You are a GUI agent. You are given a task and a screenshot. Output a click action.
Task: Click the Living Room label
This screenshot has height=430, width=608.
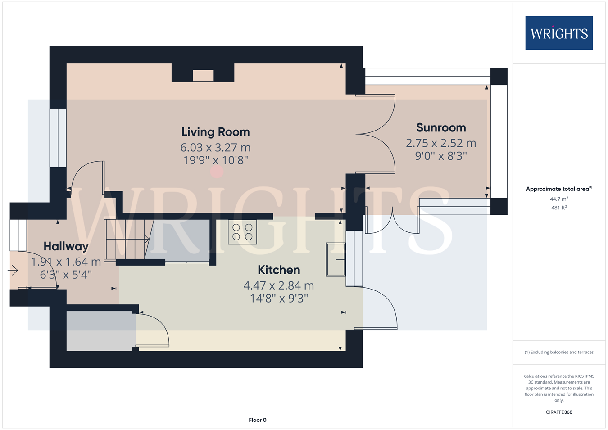(216, 132)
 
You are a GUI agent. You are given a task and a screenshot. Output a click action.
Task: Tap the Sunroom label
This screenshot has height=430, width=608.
(441, 128)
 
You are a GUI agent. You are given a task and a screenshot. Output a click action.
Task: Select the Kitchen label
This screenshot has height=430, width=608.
(279, 270)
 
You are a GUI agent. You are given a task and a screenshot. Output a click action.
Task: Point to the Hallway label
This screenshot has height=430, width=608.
(66, 247)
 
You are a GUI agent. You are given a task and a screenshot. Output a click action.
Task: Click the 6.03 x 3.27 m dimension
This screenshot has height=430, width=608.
(216, 148)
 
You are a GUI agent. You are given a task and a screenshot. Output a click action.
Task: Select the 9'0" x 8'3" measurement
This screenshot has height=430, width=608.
(441, 156)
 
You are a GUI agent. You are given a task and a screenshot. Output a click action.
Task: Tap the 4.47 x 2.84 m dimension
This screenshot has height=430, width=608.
(279, 285)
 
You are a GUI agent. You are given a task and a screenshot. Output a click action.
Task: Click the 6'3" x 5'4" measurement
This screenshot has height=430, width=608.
(66, 275)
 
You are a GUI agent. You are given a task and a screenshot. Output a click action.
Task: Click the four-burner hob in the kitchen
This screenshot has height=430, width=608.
(242, 232)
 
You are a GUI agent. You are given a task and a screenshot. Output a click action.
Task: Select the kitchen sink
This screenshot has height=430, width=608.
(336, 260)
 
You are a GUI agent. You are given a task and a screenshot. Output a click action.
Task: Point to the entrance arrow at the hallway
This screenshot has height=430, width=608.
(13, 270)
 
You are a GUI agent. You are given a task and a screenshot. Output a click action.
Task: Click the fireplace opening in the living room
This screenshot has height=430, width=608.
(203, 76)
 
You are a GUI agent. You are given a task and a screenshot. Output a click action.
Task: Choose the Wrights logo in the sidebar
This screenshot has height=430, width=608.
(559, 33)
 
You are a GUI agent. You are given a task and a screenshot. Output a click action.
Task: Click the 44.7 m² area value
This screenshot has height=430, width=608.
(559, 199)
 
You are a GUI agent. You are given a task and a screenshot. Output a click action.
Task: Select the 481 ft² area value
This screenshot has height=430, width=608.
(559, 208)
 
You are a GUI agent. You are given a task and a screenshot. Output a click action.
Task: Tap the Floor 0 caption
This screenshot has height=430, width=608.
(258, 420)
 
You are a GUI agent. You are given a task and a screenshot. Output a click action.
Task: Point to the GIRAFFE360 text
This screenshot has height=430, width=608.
(559, 412)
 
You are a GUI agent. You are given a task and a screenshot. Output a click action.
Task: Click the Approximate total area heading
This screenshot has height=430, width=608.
(559, 189)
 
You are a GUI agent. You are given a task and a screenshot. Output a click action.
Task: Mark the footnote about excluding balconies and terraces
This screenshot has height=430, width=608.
(559, 352)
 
